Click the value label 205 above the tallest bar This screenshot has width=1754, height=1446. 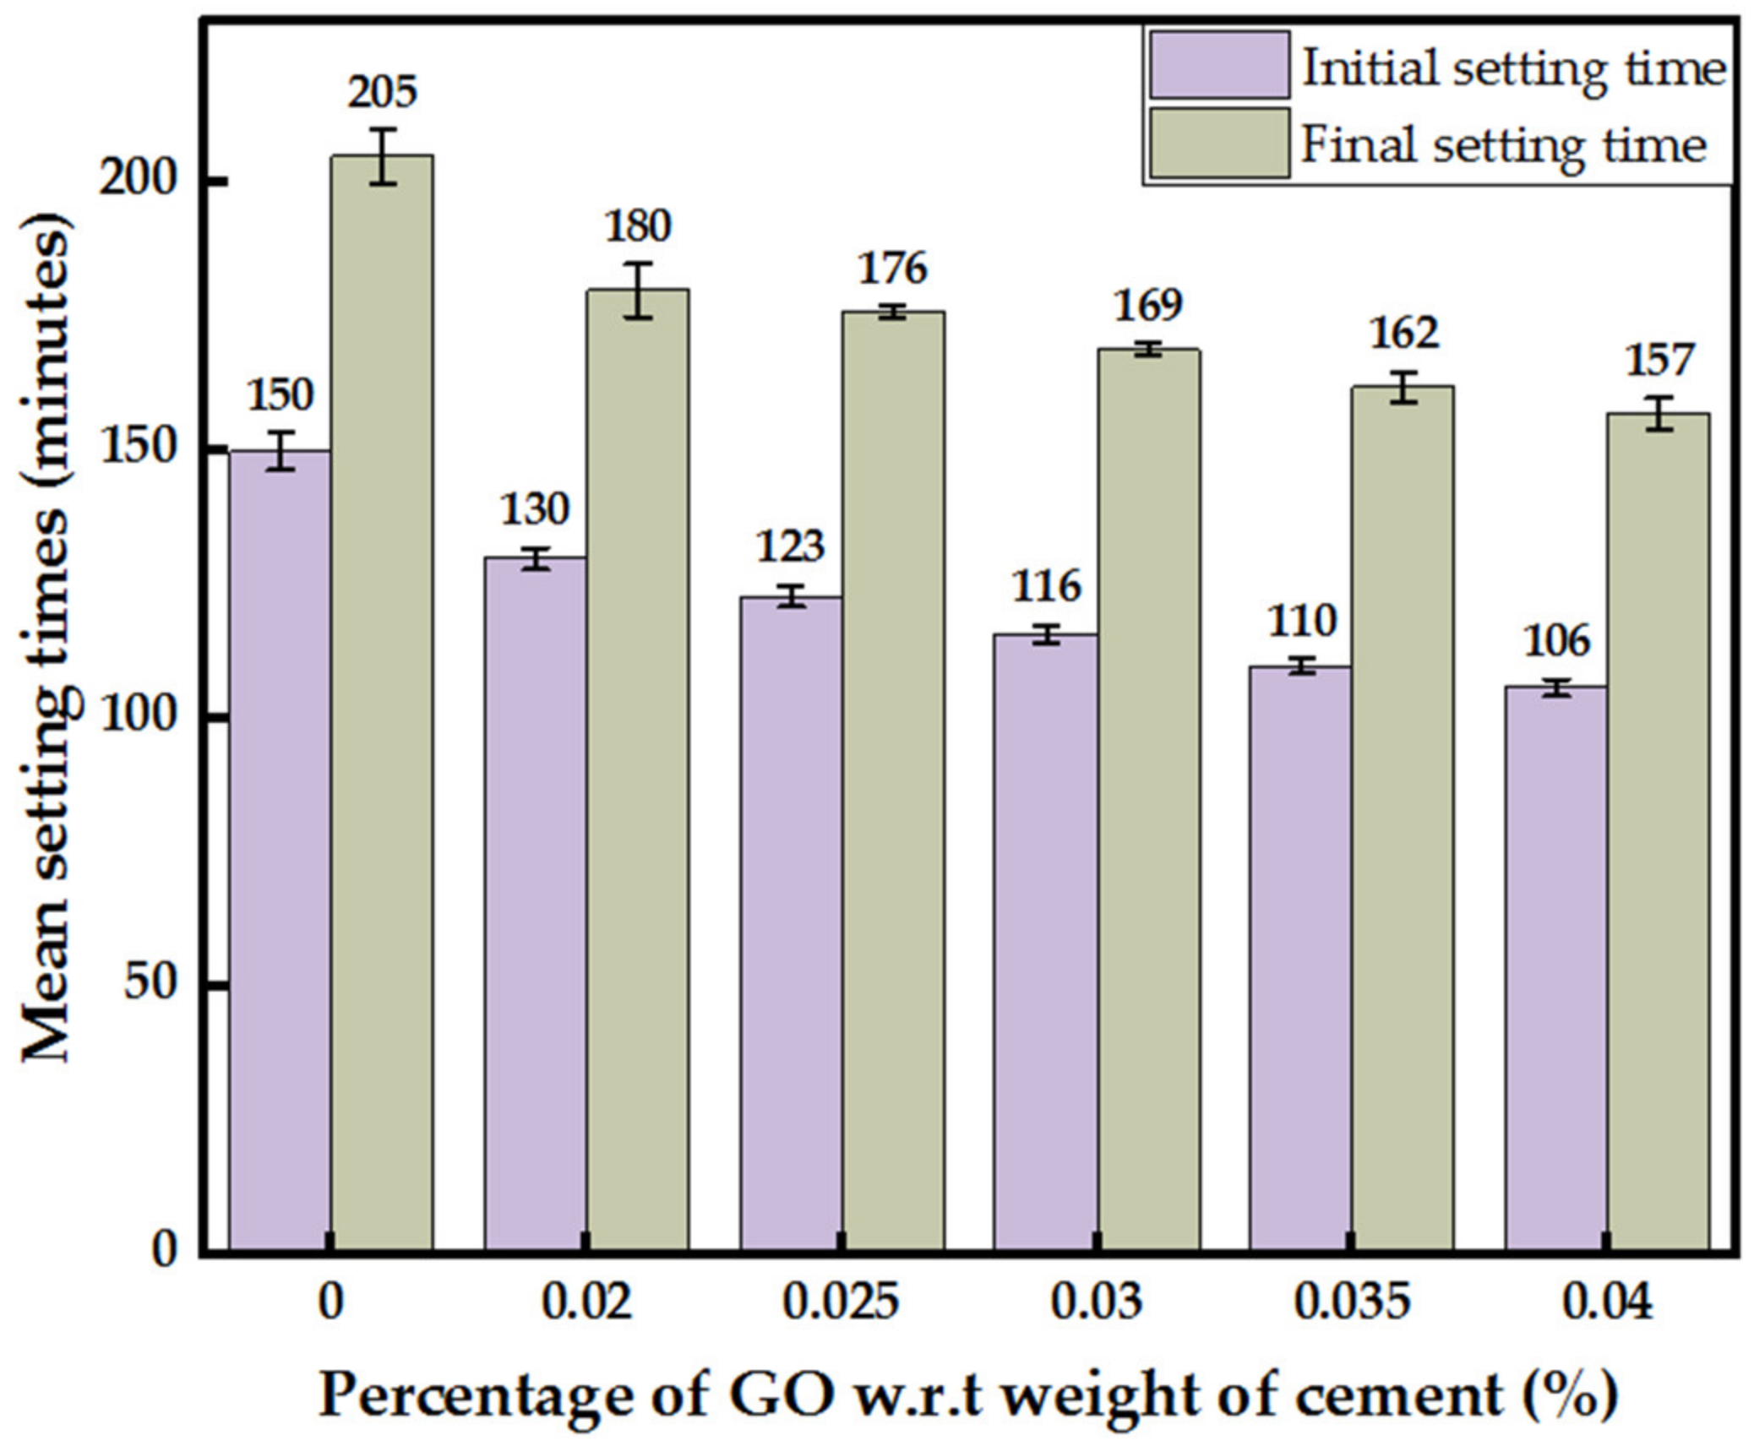(x=382, y=92)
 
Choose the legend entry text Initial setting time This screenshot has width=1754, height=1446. (x=1512, y=68)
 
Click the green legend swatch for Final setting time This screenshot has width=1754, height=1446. (x=1219, y=144)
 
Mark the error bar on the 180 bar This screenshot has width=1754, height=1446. (x=638, y=290)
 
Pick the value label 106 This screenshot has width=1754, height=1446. (x=1555, y=640)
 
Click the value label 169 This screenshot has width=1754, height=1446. (x=1147, y=305)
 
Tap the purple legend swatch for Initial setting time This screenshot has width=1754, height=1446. (x=1219, y=66)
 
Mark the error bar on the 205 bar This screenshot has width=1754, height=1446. (x=383, y=156)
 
